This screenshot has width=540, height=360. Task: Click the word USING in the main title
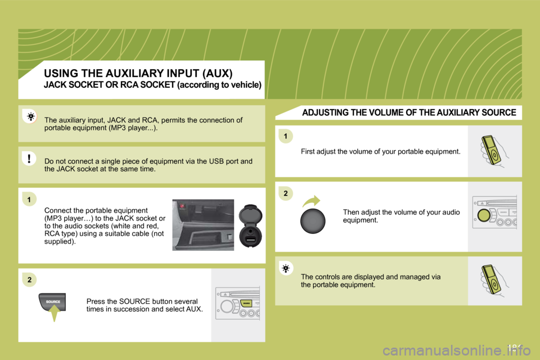click(x=63, y=73)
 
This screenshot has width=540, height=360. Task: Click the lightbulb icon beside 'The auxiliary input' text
click(x=29, y=117)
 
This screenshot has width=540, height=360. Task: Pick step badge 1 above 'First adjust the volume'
click(x=286, y=136)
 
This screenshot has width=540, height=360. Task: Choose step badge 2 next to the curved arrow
click(x=286, y=193)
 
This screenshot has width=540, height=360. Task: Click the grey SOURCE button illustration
click(x=52, y=302)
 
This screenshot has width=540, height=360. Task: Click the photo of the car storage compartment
click(x=202, y=224)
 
